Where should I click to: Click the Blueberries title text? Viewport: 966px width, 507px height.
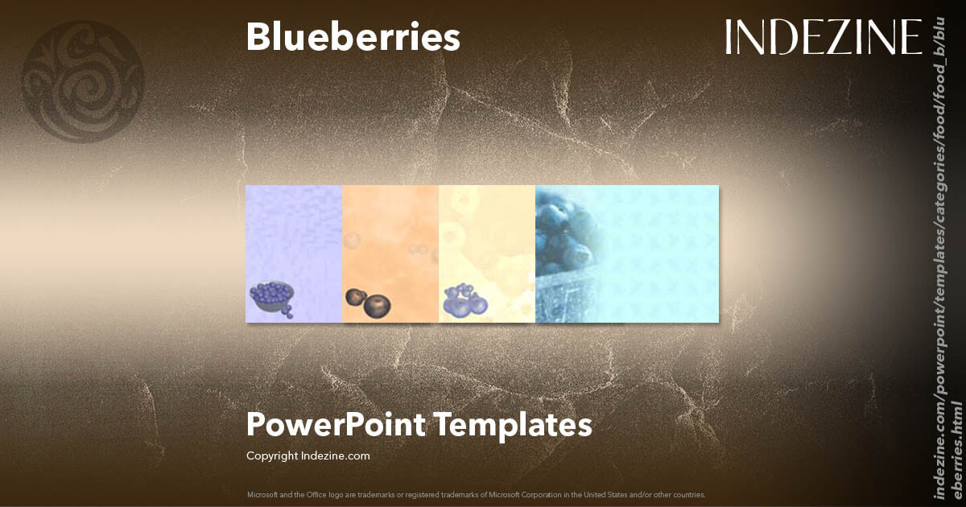coord(353,38)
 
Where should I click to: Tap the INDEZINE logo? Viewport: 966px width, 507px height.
coord(823,37)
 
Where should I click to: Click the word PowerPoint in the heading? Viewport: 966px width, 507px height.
coord(335,424)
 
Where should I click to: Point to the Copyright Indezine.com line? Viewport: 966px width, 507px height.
coord(308,455)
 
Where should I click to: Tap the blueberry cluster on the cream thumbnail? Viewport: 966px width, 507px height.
coord(464,300)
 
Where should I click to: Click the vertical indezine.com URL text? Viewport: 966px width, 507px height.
coord(947,258)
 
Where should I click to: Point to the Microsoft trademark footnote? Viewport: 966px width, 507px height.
coord(476,494)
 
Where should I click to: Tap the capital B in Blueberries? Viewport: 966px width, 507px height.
coord(258,38)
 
